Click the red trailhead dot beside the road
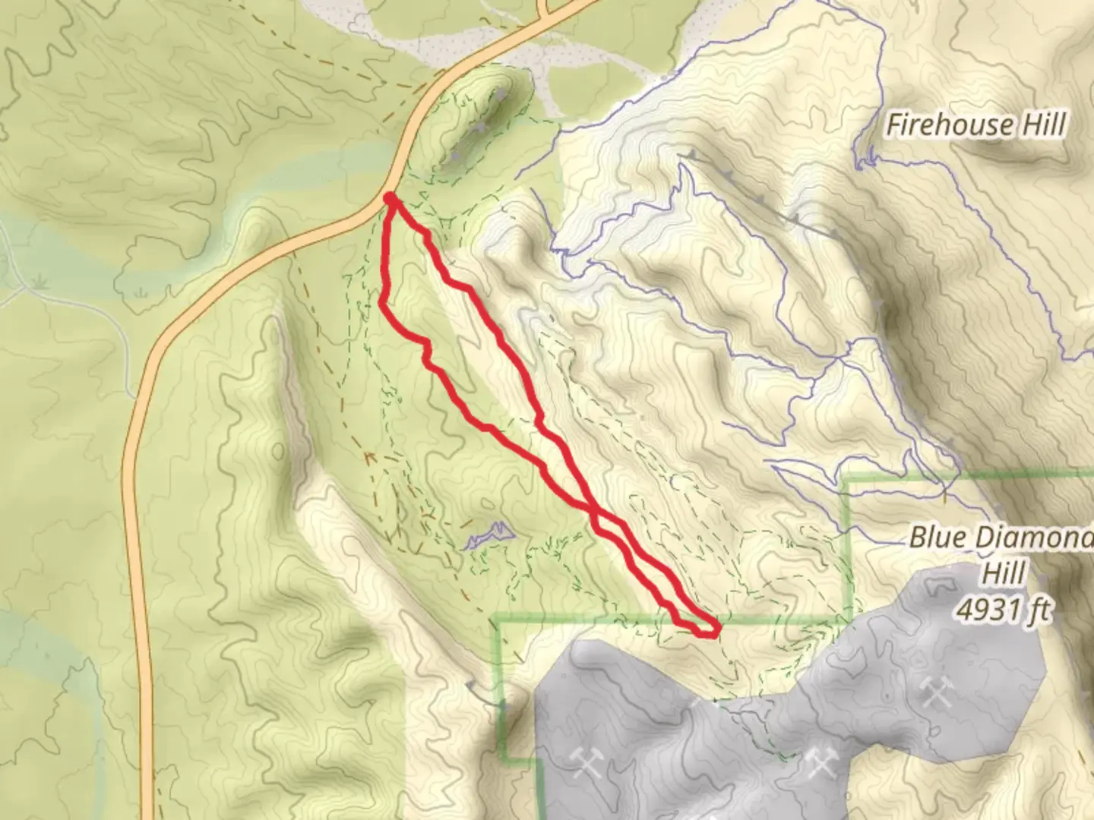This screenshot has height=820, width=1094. click(x=389, y=198)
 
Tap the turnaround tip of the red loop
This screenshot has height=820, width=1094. click(x=715, y=629)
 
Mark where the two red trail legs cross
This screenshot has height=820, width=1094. click(x=594, y=510)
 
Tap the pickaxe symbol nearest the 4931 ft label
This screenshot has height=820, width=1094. click(x=935, y=692)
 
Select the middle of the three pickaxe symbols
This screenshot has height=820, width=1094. click(x=820, y=762)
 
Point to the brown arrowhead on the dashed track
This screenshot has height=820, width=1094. click(x=369, y=458)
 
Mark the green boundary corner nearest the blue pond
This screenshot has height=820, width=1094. click(x=497, y=623)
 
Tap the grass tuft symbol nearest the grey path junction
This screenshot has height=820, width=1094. click(x=39, y=283)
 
